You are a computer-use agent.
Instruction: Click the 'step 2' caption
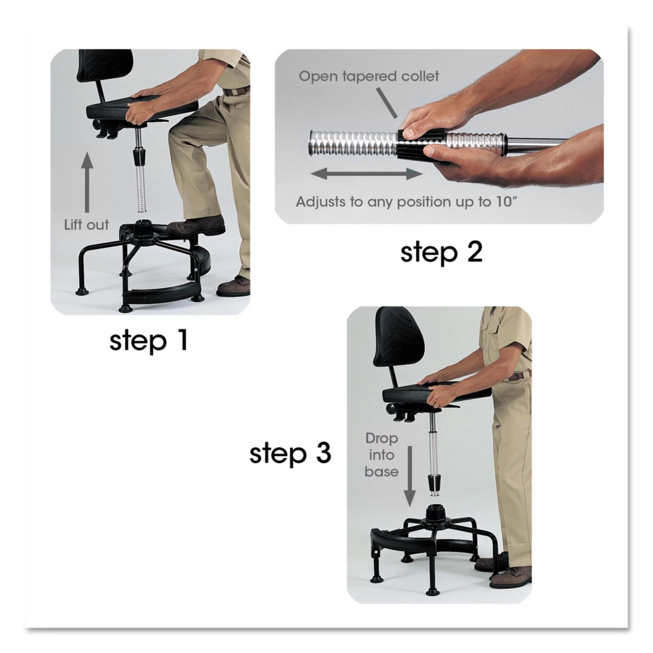click(x=441, y=252)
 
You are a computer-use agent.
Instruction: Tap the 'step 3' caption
click(x=290, y=454)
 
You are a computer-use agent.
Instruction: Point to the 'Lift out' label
click(x=86, y=225)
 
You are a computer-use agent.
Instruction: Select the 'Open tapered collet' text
click(x=369, y=76)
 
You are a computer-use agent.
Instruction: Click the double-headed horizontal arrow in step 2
click(x=366, y=174)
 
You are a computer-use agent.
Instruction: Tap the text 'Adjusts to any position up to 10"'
click(x=408, y=202)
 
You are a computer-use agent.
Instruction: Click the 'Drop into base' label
click(x=381, y=455)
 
